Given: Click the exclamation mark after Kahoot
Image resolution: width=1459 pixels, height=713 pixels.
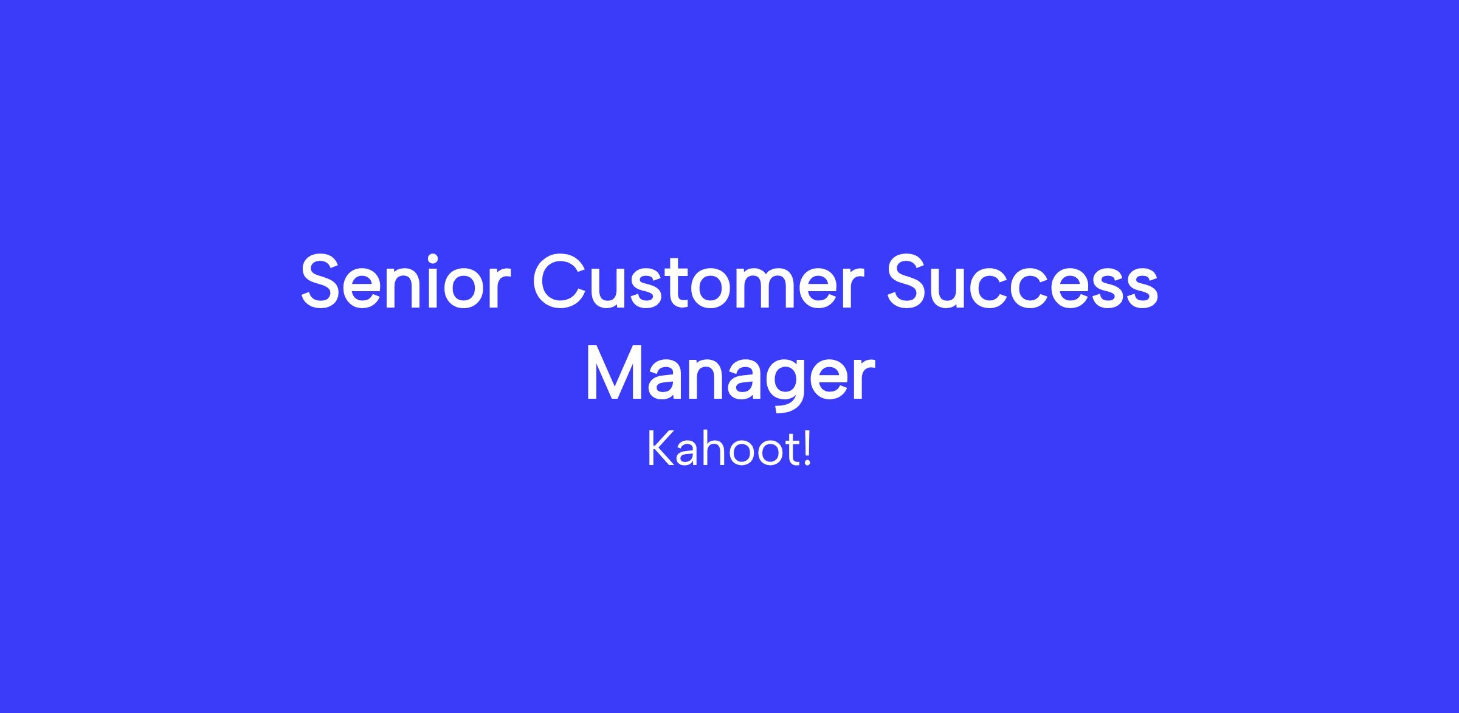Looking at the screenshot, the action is point(807,450).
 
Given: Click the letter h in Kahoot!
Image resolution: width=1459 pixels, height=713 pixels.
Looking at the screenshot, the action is point(710,450).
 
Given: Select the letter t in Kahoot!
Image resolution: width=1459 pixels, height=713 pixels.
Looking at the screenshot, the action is point(792,452).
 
